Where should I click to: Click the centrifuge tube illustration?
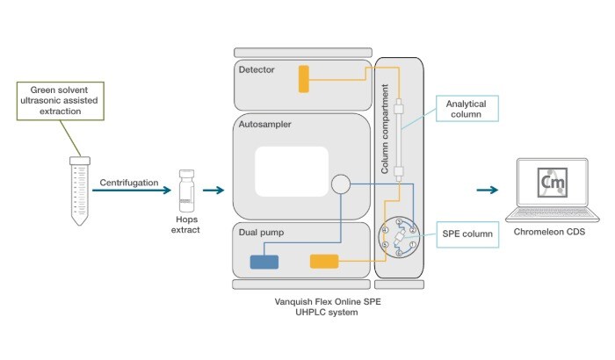[x=79, y=188]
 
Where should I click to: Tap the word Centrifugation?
[x=128, y=183]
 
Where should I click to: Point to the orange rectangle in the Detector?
[x=304, y=78]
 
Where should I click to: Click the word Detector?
[x=256, y=68]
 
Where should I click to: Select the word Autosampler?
[x=264, y=125]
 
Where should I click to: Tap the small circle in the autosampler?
[x=340, y=184]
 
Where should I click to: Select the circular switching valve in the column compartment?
[x=401, y=237]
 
